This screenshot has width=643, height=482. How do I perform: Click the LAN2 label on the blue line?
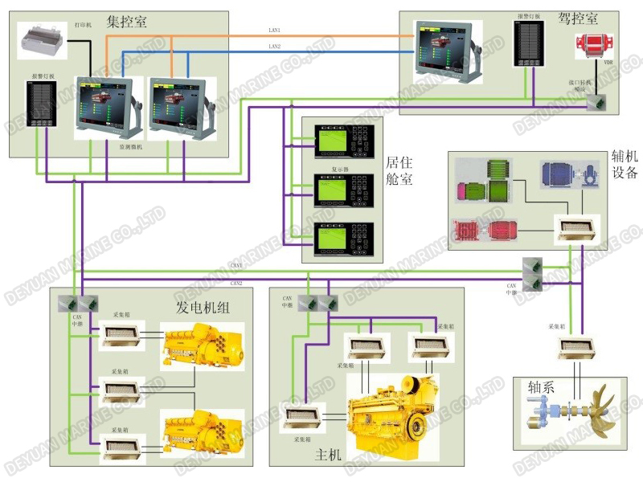pyautogui.click(x=275, y=47)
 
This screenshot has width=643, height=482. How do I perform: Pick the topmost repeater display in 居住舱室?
pyautogui.click(x=338, y=141)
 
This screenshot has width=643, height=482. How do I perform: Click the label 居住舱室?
pyautogui.click(x=399, y=170)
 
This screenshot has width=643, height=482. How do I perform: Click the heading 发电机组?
pyautogui.click(x=204, y=307)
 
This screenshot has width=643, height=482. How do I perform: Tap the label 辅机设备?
pyautogui.click(x=625, y=163)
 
